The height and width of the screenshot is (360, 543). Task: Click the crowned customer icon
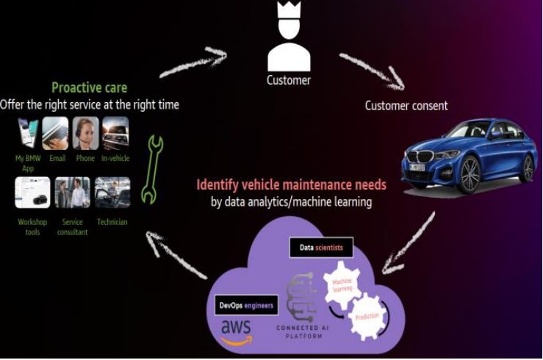coord(288,37)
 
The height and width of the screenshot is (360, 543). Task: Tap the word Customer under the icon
coord(288,80)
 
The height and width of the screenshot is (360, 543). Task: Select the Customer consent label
coord(406,105)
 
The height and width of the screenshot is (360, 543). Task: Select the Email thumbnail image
coord(57,133)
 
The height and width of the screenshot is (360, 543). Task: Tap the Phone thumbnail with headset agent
coord(85,133)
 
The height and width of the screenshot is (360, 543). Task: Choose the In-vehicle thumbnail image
coord(115,133)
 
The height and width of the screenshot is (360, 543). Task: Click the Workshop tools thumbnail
coord(32,192)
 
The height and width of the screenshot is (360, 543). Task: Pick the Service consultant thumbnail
coord(72,192)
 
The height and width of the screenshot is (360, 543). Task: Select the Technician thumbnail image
coord(112,192)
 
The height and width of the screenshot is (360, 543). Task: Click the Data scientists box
coord(322,248)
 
